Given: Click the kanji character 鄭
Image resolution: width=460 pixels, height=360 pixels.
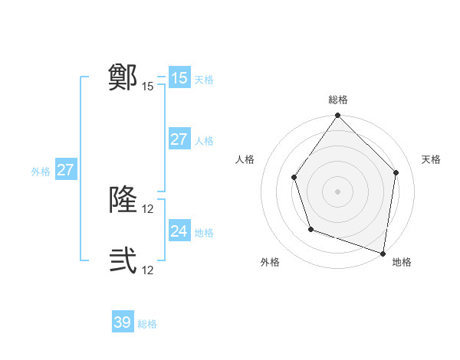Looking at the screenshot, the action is click(x=123, y=77).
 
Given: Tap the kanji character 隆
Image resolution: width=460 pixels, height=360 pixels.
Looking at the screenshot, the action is click(x=123, y=200).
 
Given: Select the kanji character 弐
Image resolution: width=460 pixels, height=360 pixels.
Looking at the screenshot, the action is click(x=123, y=261).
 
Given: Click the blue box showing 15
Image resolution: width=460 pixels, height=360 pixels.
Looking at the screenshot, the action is click(x=179, y=78).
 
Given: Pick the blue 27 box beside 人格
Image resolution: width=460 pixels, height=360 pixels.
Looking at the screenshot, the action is click(x=179, y=139).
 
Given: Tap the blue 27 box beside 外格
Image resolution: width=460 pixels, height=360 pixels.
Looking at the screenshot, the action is click(x=65, y=170).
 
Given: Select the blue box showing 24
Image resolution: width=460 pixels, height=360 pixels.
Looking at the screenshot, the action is click(x=179, y=231).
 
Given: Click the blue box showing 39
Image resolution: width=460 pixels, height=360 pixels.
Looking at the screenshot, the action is click(x=123, y=322).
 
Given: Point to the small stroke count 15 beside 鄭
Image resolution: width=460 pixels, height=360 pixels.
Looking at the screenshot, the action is click(x=148, y=87).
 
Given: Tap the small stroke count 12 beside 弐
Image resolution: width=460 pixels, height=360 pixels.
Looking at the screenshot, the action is click(x=148, y=270).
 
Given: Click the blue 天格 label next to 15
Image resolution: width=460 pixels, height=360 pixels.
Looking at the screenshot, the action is click(x=204, y=80).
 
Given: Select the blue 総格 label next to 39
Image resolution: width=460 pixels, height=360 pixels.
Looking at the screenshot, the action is click(x=147, y=325).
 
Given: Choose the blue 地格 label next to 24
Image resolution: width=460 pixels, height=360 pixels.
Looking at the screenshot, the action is click(x=204, y=233).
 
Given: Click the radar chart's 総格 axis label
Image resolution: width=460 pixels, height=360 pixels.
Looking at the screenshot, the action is click(x=338, y=100).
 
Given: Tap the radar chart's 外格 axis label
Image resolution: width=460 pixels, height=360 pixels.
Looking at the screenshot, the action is click(x=270, y=262).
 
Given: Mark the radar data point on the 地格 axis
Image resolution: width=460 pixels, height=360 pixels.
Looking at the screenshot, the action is click(x=383, y=253).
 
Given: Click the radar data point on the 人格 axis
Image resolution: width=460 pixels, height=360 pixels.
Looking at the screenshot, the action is click(x=294, y=178).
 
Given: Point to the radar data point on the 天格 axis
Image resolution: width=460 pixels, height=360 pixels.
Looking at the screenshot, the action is click(x=396, y=172).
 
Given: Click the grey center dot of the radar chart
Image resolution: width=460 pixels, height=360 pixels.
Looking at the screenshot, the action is click(x=338, y=191).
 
